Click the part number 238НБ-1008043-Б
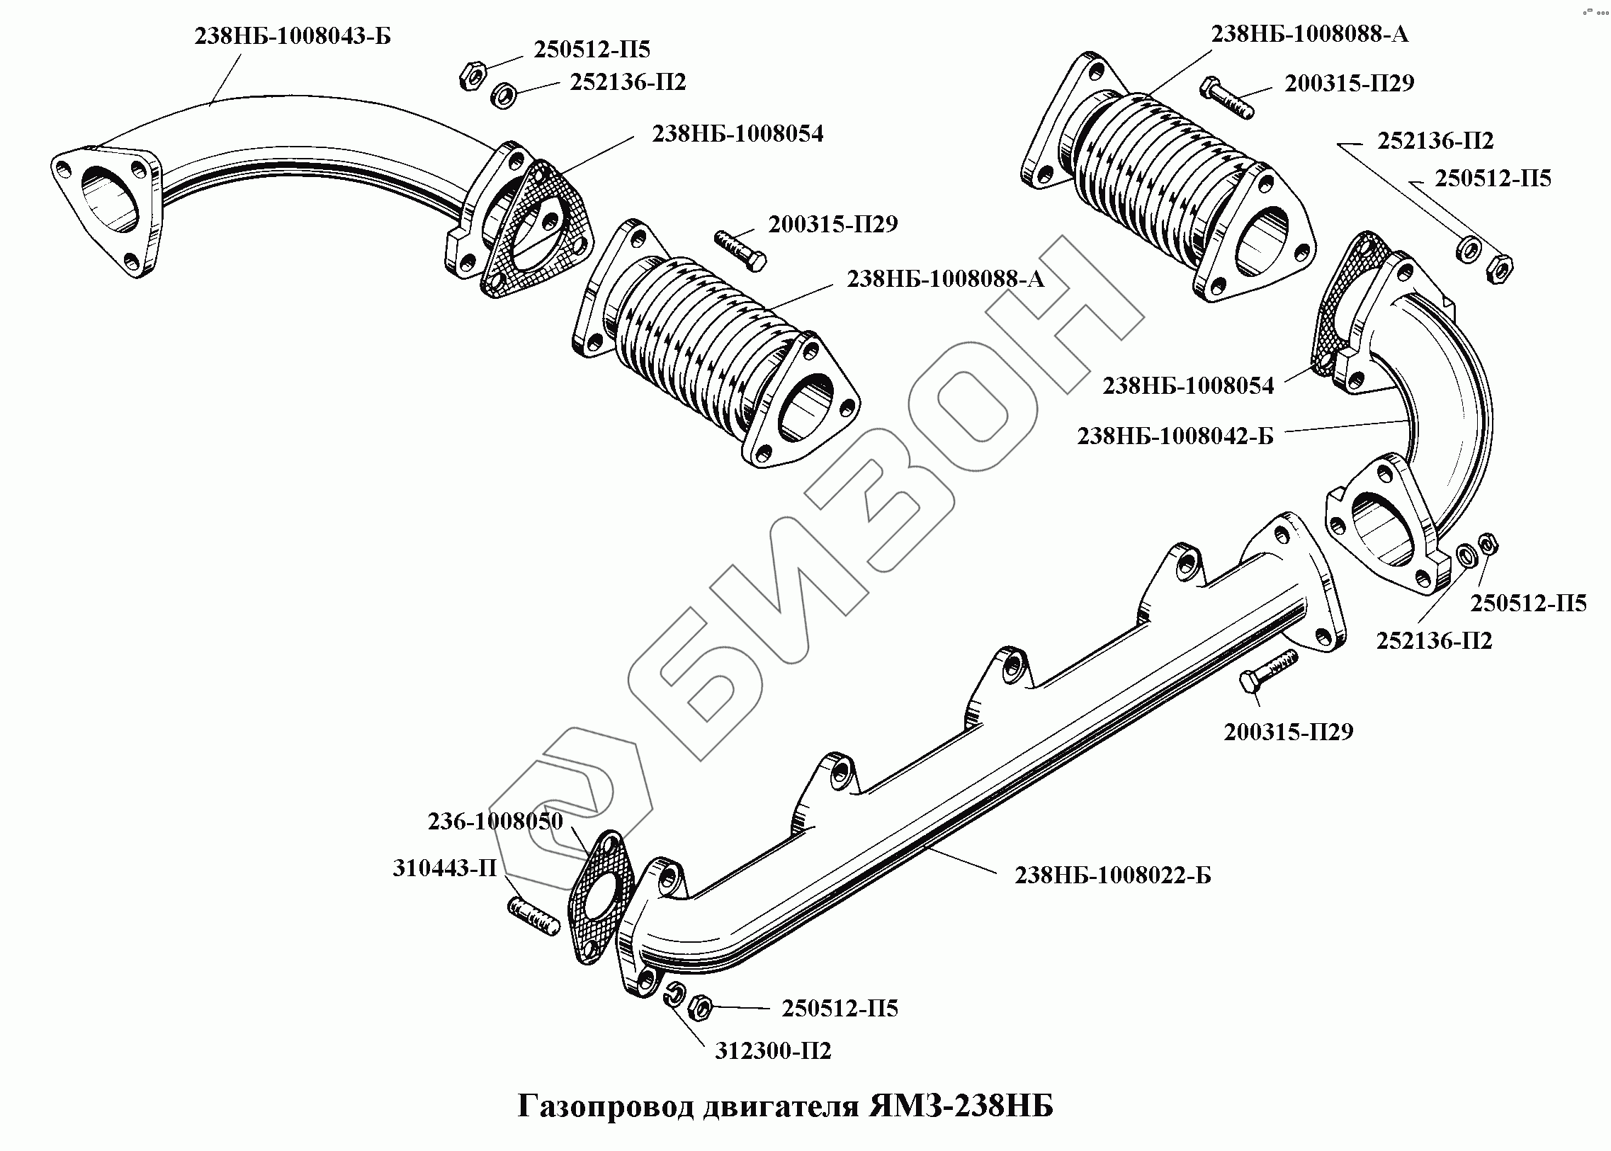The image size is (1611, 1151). click(x=293, y=36)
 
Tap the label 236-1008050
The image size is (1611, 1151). click(x=494, y=822)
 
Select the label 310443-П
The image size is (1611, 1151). click(x=444, y=868)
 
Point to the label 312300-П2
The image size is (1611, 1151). click(x=772, y=1050)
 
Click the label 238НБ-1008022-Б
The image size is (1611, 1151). click(x=1113, y=875)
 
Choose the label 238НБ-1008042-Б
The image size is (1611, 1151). click(x=1175, y=436)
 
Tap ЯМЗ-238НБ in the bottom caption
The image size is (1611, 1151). click(x=961, y=1106)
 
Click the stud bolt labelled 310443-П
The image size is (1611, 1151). click(x=533, y=917)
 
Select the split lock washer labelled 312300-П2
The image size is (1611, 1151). click(x=674, y=995)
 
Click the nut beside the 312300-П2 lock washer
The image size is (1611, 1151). click(x=699, y=1006)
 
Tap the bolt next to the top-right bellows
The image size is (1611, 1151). click(x=1226, y=97)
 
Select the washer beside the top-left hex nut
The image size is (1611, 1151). click(x=503, y=95)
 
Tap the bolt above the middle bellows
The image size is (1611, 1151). click(x=739, y=248)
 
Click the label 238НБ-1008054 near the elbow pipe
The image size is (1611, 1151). click(x=1188, y=386)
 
